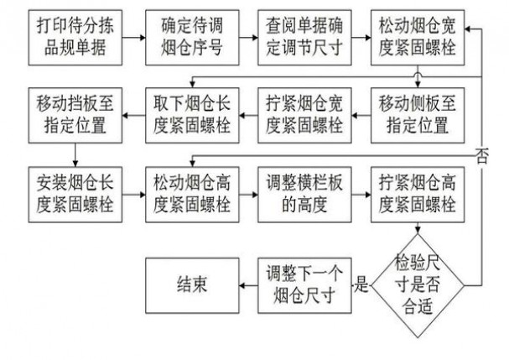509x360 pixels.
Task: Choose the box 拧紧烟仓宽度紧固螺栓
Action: [x=300, y=115]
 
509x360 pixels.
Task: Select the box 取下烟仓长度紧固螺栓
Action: [x=187, y=115]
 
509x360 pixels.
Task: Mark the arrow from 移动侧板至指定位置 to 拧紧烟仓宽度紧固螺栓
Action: [x=358, y=115]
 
